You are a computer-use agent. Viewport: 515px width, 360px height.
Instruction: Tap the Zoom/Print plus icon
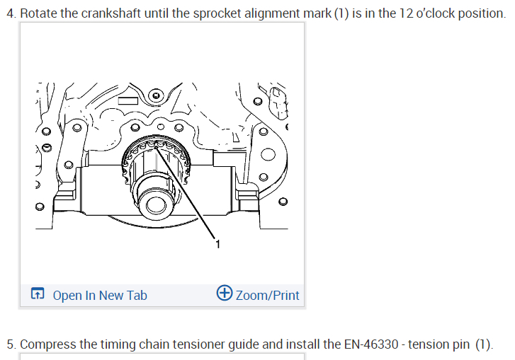click(x=225, y=293)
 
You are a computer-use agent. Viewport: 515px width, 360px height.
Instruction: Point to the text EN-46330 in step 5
click(x=370, y=344)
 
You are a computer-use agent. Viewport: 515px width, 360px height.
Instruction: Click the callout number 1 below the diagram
click(x=217, y=244)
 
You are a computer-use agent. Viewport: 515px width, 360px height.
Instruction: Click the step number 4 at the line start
click(x=11, y=13)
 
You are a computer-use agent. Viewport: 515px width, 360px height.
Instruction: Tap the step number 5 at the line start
click(x=11, y=345)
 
